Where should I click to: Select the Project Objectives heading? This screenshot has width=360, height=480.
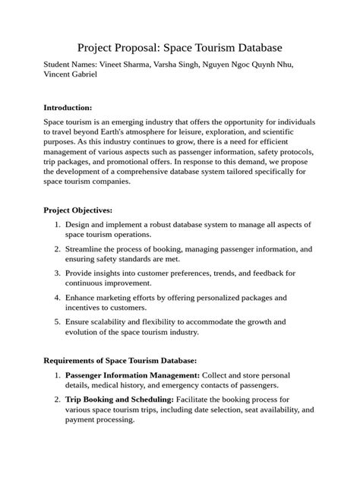tap(78, 210)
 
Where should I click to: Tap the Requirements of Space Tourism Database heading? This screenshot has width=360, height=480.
tap(120, 360)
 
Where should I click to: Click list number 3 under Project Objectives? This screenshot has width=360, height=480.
tap(58, 272)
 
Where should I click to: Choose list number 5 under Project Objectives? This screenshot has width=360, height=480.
tap(58, 321)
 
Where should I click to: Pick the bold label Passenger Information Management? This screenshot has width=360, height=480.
tap(132, 375)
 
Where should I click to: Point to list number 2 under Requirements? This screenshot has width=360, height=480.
tap(58, 399)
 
